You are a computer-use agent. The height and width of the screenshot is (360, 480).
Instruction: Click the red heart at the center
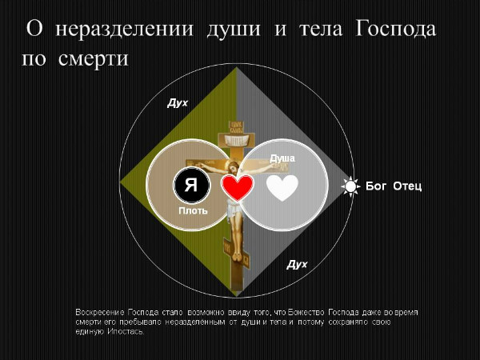(x=237, y=187)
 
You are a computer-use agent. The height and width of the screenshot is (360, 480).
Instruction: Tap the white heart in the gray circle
(x=282, y=187)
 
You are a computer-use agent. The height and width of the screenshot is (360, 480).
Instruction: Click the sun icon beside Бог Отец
(x=350, y=186)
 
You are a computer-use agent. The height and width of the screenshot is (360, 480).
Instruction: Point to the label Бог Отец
(x=393, y=186)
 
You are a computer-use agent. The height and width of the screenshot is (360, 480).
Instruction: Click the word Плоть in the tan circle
(x=193, y=211)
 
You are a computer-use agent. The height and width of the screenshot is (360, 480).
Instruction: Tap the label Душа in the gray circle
(x=282, y=158)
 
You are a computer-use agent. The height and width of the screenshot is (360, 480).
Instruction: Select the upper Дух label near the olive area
(x=177, y=103)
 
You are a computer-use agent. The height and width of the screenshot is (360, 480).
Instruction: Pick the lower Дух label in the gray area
(x=298, y=265)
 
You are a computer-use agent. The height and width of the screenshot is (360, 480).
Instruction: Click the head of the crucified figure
(x=231, y=167)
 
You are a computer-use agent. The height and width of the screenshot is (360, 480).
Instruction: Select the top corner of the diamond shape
(x=237, y=69)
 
